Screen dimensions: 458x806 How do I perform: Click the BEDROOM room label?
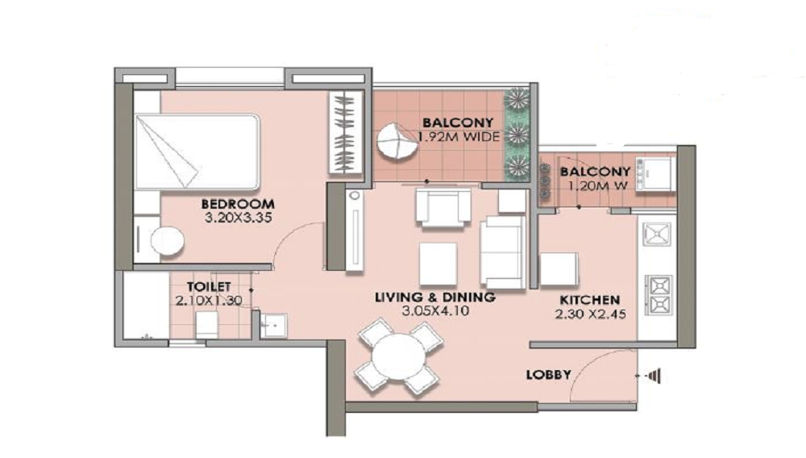tap(238, 204)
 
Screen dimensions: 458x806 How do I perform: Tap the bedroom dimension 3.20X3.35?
tap(238, 218)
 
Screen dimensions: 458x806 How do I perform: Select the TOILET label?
tap(210, 286)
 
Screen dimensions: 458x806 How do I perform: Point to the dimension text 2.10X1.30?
tap(210, 300)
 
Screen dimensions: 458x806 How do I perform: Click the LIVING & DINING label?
tap(434, 298)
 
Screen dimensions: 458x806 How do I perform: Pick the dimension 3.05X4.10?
tap(434, 310)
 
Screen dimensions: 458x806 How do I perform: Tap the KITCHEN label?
tap(590, 300)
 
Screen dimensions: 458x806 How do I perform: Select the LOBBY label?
tap(548, 375)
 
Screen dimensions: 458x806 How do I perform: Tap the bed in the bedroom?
tap(197, 151)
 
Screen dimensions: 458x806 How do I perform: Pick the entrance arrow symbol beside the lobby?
tap(653, 376)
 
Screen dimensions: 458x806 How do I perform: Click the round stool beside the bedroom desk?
tap(168, 240)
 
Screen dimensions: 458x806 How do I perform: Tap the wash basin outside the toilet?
tap(272, 324)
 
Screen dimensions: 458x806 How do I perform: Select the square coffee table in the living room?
tap(438, 263)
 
